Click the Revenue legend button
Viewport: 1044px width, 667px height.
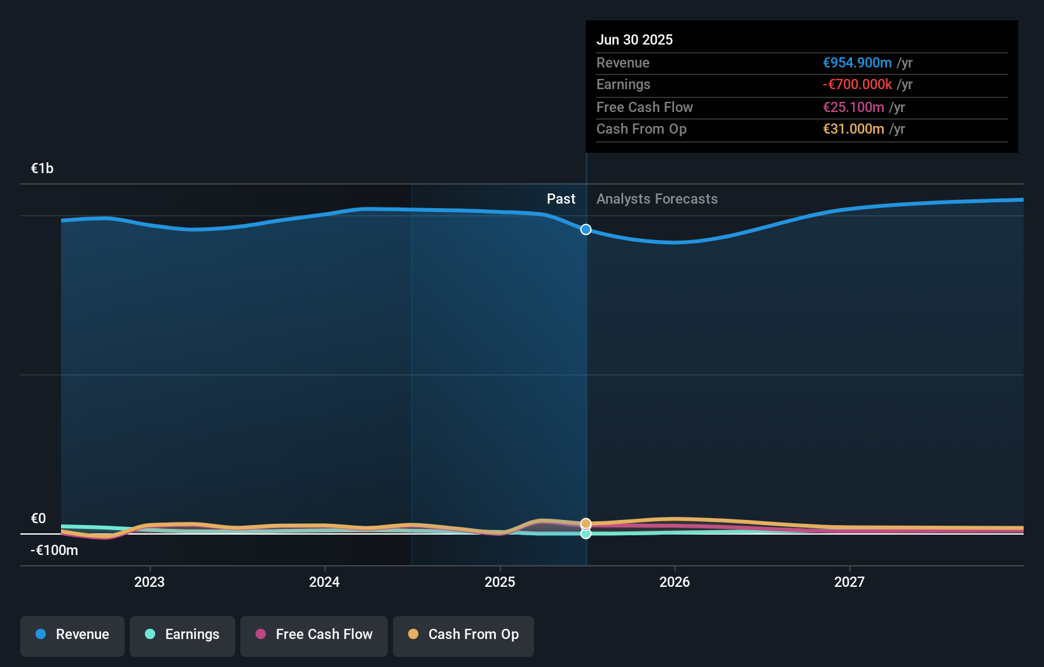click(x=72, y=635)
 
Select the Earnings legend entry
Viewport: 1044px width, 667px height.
click(x=182, y=635)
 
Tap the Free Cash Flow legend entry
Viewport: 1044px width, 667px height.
click(x=314, y=635)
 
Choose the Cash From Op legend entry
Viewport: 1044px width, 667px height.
click(x=464, y=635)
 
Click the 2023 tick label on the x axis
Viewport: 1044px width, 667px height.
click(x=149, y=582)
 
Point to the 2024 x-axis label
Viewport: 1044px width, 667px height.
click(x=324, y=582)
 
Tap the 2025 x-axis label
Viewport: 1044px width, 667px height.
click(x=500, y=582)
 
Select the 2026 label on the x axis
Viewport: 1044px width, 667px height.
click(x=675, y=582)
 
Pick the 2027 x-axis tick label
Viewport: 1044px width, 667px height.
click(x=849, y=582)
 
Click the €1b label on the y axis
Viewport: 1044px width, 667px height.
click(x=42, y=169)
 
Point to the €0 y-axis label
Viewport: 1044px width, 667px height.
click(x=38, y=519)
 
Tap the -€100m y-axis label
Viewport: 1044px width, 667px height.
click(x=54, y=551)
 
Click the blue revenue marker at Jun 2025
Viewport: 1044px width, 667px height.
click(x=586, y=230)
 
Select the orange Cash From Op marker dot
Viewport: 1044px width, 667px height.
click(x=586, y=523)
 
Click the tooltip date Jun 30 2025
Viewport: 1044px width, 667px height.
click(x=635, y=39)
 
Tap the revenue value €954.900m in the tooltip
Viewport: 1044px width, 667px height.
click(x=857, y=62)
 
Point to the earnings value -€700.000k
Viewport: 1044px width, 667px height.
click(x=857, y=85)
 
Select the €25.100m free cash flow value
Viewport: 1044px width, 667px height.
click(x=853, y=107)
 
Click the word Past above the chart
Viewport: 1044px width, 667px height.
click(x=561, y=199)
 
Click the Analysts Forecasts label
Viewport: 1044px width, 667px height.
click(x=657, y=199)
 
